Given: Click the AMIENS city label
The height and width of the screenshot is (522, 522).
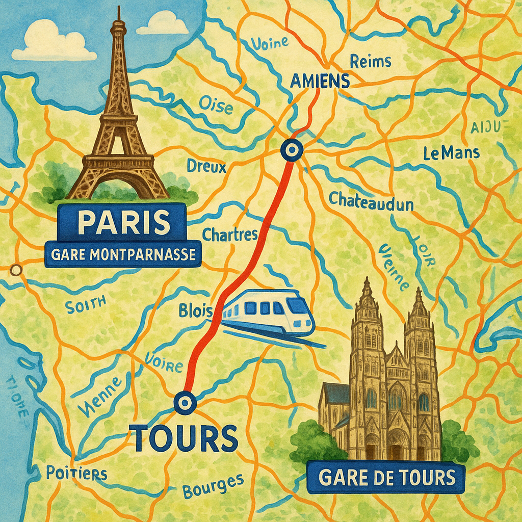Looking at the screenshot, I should coord(319,81).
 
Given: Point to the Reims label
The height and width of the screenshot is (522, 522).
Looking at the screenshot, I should coord(371,62).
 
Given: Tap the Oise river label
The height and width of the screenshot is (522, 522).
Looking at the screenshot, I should coord(216,106).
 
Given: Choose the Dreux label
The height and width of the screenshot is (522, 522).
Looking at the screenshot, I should coord(206,166).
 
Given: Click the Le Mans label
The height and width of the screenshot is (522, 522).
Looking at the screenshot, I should coord(451,152).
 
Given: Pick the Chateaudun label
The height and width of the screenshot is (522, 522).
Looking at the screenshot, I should coord(371,200).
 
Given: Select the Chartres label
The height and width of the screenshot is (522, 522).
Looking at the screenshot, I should coord(230,234).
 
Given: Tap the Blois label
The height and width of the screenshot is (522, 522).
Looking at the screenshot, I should coord(195,310).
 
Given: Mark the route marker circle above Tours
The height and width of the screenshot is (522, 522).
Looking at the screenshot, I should coord(184,403).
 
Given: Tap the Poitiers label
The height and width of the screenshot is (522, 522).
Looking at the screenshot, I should coord(76,473).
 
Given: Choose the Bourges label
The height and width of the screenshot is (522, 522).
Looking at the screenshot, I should coord(213,486).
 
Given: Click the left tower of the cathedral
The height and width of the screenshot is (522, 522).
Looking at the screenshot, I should coord(367,357).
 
